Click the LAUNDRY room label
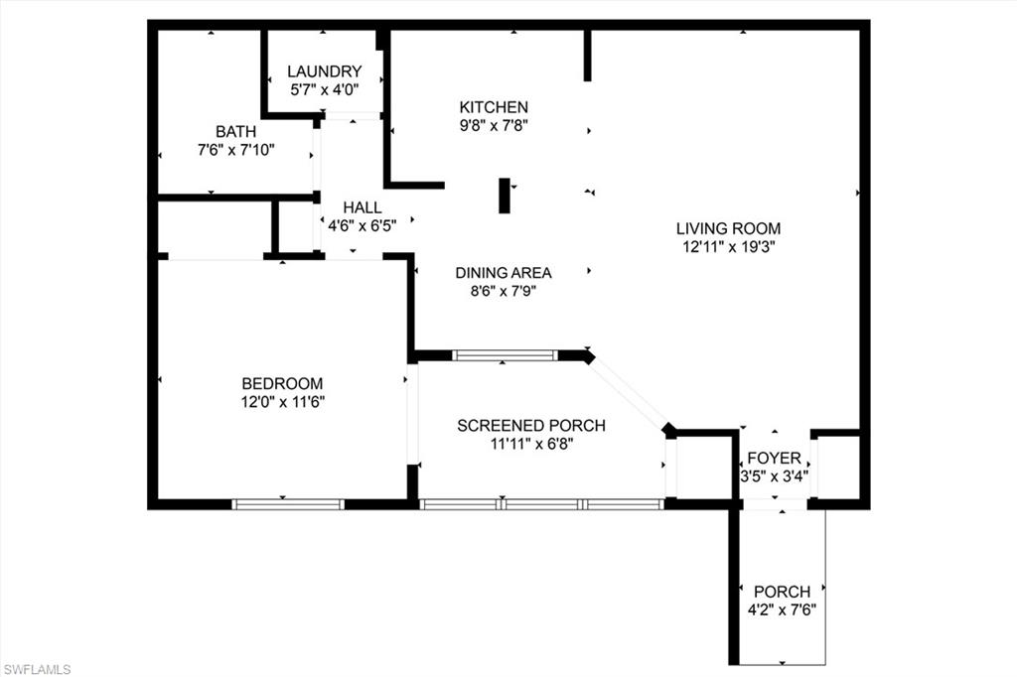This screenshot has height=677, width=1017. [x=324, y=71]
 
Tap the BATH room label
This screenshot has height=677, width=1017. [x=236, y=131]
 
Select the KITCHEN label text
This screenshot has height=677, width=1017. [x=494, y=107]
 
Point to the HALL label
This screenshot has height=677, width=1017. [x=363, y=206]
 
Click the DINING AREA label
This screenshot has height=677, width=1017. [x=504, y=273]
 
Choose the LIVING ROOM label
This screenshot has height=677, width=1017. [x=729, y=228]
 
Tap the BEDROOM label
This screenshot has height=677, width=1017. [x=283, y=383]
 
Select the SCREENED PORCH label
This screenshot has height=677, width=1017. [x=531, y=426]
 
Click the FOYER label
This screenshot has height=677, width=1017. [x=774, y=458]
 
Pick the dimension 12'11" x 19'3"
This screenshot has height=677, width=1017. [x=729, y=247]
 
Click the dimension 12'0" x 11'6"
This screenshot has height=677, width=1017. [x=283, y=402]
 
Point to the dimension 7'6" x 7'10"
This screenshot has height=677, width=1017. [x=236, y=150]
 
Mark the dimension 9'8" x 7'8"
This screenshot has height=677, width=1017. [x=494, y=126]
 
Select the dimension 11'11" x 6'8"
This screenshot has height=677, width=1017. [x=531, y=445]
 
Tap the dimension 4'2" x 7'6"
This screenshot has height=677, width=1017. [x=782, y=610]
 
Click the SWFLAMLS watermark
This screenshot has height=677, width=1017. [x=37, y=669]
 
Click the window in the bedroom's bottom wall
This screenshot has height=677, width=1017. [x=288, y=504]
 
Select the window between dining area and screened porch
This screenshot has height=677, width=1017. [x=505, y=354]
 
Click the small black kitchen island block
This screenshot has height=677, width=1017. [x=505, y=196]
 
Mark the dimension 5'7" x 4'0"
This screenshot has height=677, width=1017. [x=324, y=89]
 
